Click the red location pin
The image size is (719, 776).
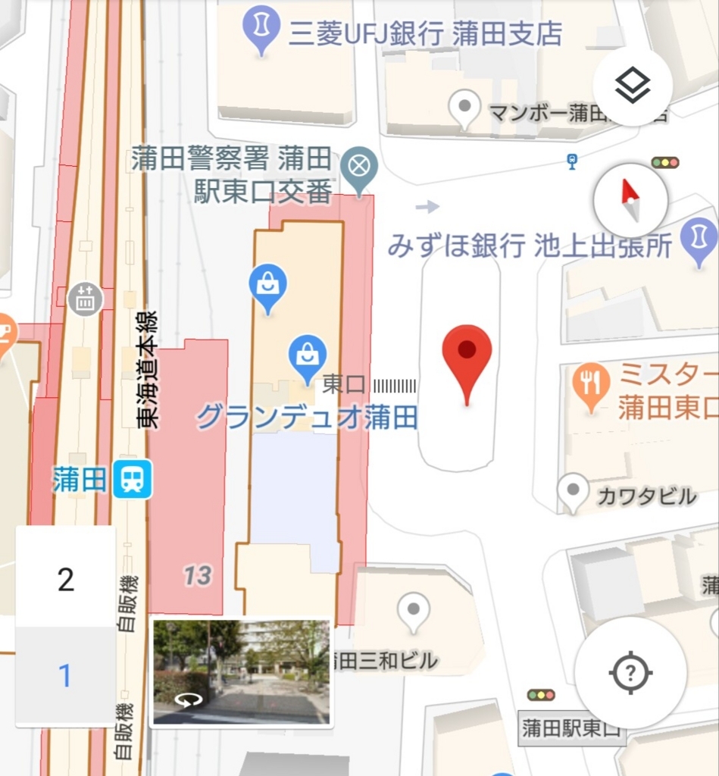(467, 361)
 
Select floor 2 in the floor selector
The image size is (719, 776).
(66, 580)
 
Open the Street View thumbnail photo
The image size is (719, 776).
(241, 671)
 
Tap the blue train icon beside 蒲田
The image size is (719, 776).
(133, 479)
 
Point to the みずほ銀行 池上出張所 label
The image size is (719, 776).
(530, 246)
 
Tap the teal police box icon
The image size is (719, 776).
(358, 166)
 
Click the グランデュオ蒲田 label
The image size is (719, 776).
(307, 417)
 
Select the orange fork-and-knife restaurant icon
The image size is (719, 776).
(591, 383)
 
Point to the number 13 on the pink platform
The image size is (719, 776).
(197, 575)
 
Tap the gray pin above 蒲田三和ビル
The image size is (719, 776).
(414, 610)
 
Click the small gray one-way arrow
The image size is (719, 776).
(427, 206)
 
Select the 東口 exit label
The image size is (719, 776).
(344, 384)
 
